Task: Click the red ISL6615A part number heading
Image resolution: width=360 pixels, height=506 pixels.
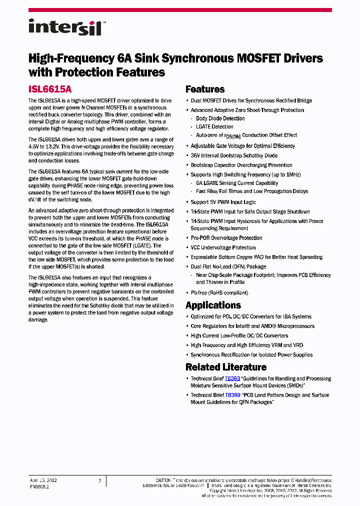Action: tap(50, 89)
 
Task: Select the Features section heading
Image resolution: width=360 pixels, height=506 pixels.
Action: tap(205, 89)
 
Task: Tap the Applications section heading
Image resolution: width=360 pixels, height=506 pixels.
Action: tap(213, 305)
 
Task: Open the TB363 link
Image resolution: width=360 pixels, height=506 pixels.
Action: tap(232, 379)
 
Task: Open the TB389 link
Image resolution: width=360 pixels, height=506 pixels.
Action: tap(232, 395)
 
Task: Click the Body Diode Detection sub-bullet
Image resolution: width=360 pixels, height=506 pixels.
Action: tap(220, 118)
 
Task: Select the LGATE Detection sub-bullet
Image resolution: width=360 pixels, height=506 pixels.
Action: tap(214, 127)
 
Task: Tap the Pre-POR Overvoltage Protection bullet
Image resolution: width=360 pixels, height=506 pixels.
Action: tap(226, 238)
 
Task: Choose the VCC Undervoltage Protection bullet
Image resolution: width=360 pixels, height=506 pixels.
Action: tap(223, 247)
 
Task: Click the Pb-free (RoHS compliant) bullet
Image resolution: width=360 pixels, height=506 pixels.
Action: tap(219, 293)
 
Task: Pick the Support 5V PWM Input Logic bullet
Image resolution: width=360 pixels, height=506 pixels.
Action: tap(223, 202)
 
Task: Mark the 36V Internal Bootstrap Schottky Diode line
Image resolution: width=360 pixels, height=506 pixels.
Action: tap(234, 155)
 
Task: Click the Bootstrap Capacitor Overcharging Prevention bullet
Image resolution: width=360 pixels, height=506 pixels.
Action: tap(241, 165)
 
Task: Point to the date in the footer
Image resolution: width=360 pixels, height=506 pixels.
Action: tap(43, 480)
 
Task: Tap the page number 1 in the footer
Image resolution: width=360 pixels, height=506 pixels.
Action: tap(100, 480)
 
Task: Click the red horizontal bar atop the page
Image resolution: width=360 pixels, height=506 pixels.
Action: tap(180, 10)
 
